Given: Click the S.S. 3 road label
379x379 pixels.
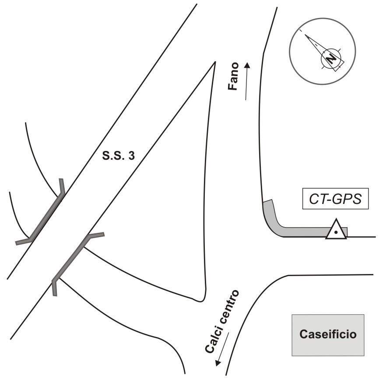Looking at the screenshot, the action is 118,156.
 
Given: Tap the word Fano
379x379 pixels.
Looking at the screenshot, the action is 234,76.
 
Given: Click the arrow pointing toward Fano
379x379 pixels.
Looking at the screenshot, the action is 246,81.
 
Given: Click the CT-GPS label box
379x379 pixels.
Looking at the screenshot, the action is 336,198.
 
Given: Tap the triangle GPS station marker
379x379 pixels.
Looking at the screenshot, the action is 336,229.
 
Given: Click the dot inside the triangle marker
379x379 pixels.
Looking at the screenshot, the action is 336,232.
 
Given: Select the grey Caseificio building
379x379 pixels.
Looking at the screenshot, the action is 328,335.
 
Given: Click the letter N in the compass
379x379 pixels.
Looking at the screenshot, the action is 331,59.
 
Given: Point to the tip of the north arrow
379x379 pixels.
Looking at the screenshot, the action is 305,35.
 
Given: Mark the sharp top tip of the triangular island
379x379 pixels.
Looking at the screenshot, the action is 215,62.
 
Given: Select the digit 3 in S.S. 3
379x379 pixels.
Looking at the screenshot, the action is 131,156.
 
